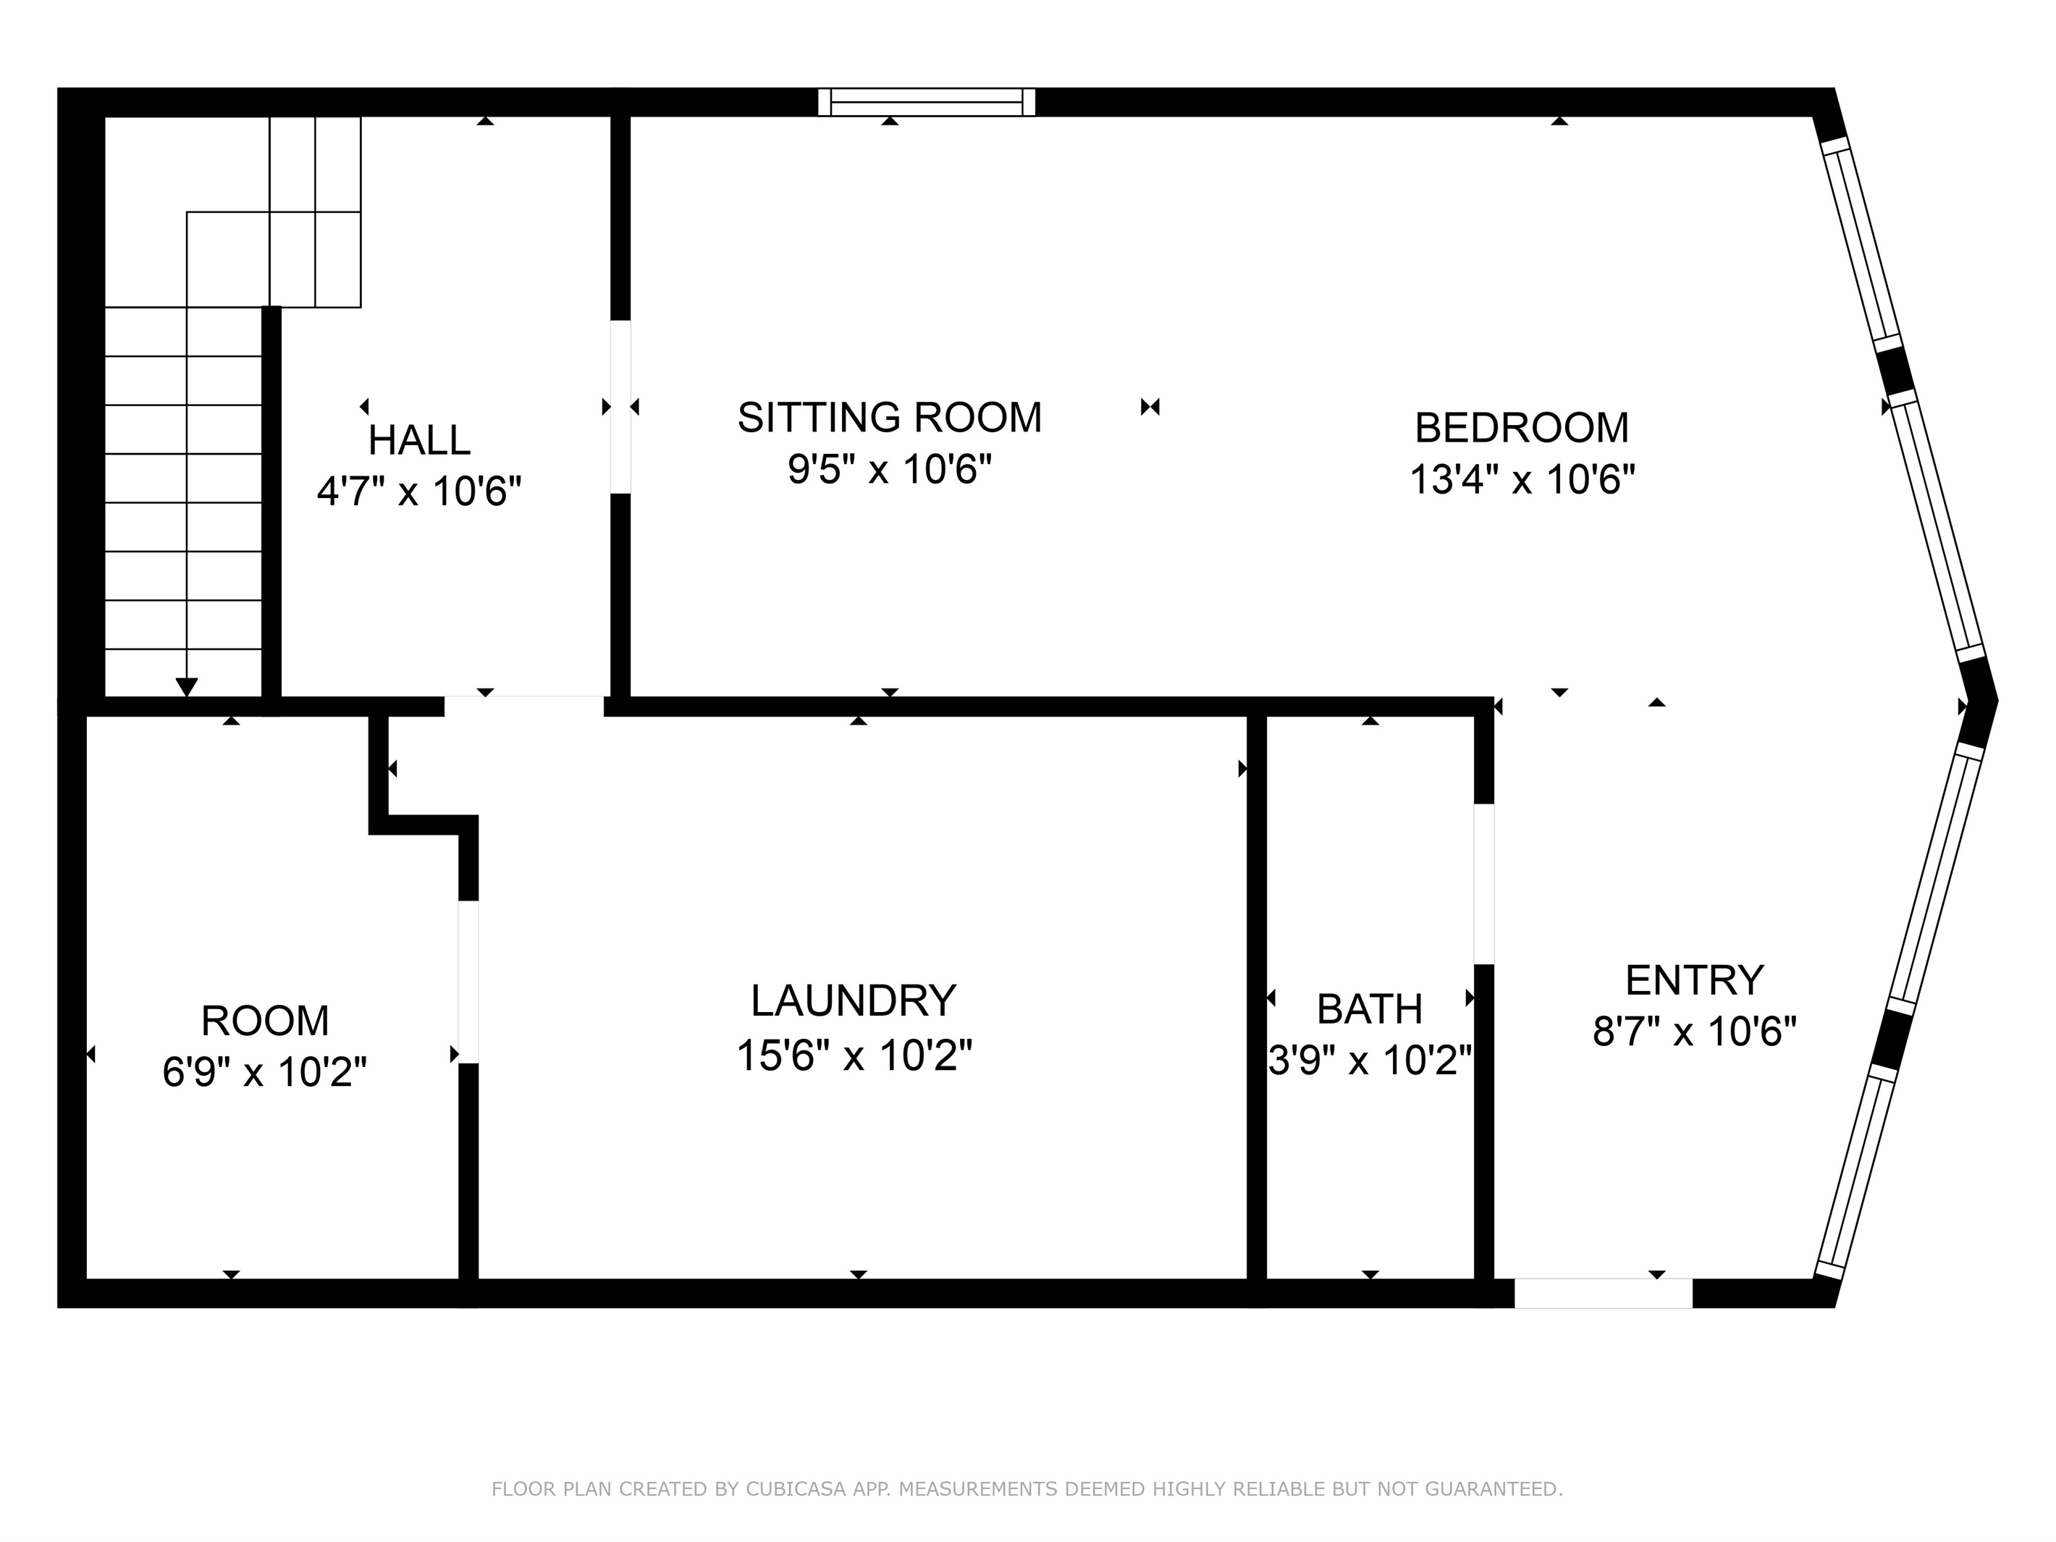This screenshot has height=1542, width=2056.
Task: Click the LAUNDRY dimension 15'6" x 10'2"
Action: pyautogui.click(x=854, y=1055)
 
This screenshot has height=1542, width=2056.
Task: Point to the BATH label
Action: pyautogui.click(x=1369, y=1008)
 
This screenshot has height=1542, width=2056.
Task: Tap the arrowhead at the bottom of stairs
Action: pyautogui.click(x=187, y=687)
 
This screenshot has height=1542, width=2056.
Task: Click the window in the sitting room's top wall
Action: pyautogui.click(x=926, y=102)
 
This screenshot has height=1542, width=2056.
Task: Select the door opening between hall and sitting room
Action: pyautogui.click(x=620, y=406)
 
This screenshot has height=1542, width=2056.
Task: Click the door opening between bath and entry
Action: pyautogui.click(x=1483, y=883)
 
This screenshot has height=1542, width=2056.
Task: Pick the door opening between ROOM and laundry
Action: pyautogui.click(x=468, y=981)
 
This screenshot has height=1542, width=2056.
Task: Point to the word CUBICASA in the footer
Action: pyautogui.click(x=795, y=1489)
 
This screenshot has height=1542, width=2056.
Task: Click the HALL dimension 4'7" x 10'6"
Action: pyautogui.click(x=418, y=491)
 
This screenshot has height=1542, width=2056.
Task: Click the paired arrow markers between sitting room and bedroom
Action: pyautogui.click(x=1150, y=406)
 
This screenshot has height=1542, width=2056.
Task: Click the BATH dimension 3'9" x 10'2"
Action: pyautogui.click(x=1369, y=1060)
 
